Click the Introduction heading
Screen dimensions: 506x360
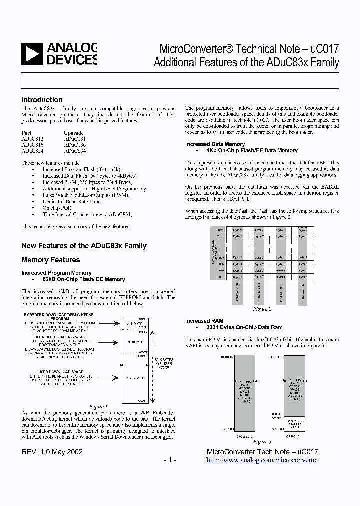tap(42, 100)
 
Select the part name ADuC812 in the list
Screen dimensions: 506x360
tap(32, 139)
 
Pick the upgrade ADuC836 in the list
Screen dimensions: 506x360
tap(74, 145)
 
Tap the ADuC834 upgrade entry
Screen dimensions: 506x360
tap(74, 151)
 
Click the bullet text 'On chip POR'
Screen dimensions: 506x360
tap(57, 208)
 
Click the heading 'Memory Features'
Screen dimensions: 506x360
tap(50, 260)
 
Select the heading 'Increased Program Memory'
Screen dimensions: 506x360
tap(56, 273)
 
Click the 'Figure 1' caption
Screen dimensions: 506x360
tap(98, 406)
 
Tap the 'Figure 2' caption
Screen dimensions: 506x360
tap(262, 309)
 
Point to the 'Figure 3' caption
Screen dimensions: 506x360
tap(262, 442)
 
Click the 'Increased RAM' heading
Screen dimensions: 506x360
tap(204, 321)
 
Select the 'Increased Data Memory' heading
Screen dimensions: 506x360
tap(215, 144)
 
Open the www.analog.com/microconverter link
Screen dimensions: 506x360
tap(262, 460)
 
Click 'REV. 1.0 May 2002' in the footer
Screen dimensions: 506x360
tap(52, 452)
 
